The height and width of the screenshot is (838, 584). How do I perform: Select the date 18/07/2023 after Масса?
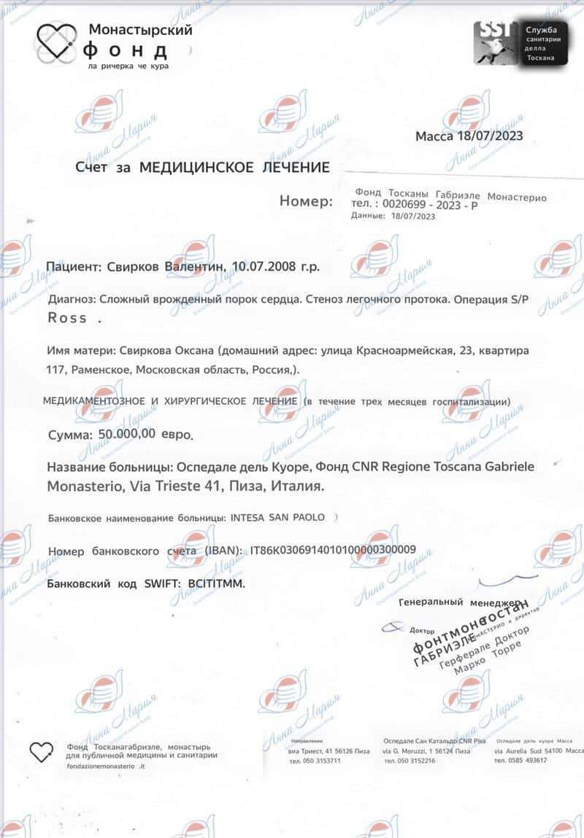coord(488,136)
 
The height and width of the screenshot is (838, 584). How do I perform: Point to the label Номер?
coord(306,201)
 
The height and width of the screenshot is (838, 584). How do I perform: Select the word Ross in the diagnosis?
coord(67,318)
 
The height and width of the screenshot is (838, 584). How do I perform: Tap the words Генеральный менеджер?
coord(460,603)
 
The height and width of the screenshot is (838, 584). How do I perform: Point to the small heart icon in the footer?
coord(42,751)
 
